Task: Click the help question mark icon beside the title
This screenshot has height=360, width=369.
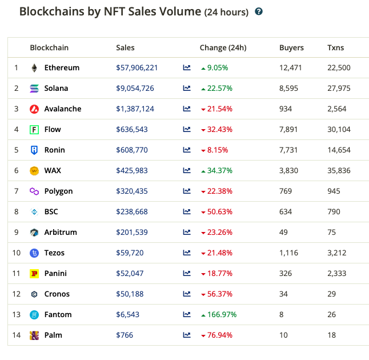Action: point(259,11)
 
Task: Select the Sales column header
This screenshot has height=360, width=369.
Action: point(125,48)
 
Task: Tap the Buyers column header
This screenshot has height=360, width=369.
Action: point(291,48)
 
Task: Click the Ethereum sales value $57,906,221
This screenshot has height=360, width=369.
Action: point(137,67)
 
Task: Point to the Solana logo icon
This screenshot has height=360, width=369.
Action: point(34,88)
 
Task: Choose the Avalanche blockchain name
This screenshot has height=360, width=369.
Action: point(63,109)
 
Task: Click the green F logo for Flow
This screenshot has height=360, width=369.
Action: point(34,130)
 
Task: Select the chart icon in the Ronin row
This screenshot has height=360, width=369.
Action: point(187,150)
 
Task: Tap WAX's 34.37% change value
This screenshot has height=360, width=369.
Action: point(218,170)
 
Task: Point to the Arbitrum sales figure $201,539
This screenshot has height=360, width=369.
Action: point(132,232)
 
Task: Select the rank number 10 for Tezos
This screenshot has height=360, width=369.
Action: point(17,253)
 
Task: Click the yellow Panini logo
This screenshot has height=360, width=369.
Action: point(34,274)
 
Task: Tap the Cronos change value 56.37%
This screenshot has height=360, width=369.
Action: point(220,294)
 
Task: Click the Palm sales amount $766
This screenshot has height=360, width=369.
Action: point(125,335)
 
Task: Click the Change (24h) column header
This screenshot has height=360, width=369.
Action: point(223,48)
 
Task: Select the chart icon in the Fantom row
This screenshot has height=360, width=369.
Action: point(187,314)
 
